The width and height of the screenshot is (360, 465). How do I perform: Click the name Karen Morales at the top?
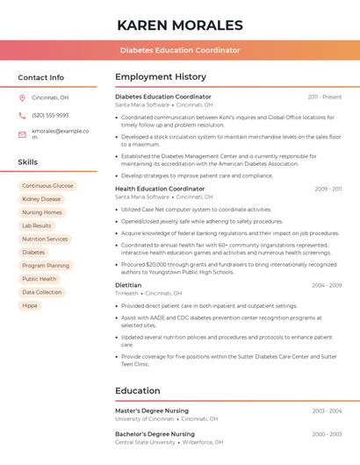pyautogui.click(x=180, y=25)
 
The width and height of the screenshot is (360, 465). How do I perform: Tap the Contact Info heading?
pyautogui.click(x=41, y=77)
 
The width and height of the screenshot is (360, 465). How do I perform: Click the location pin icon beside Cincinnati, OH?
pyautogui.click(x=22, y=97)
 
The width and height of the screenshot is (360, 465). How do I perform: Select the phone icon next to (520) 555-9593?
pyautogui.click(x=22, y=115)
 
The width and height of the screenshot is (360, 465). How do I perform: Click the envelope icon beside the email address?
pyautogui.click(x=22, y=133)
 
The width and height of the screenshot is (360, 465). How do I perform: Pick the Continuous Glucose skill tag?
pyautogui.click(x=47, y=186)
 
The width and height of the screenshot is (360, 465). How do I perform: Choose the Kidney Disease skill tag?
pyautogui.click(x=41, y=199)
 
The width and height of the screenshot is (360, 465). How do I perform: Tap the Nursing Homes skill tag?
pyautogui.click(x=42, y=212)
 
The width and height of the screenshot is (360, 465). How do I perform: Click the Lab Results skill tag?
pyautogui.click(x=37, y=225)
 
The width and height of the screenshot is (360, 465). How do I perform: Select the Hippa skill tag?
pyautogui.click(x=30, y=305)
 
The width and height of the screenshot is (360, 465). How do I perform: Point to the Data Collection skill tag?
pyautogui.click(x=42, y=292)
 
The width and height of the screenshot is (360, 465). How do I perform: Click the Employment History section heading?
pyautogui.click(x=161, y=77)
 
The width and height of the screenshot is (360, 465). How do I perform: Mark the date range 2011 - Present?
pyautogui.click(x=325, y=97)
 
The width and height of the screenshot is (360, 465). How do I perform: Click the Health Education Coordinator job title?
pyautogui.click(x=160, y=189)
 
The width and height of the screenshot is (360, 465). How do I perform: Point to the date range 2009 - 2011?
pyautogui.click(x=328, y=189)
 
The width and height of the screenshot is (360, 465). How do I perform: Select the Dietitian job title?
pyautogui.click(x=128, y=285)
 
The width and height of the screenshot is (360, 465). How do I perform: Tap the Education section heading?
pyautogui.click(x=138, y=390)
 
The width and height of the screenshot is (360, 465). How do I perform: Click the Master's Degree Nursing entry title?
pyautogui.click(x=152, y=411)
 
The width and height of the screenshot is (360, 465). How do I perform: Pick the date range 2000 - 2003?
pyautogui.click(x=327, y=434)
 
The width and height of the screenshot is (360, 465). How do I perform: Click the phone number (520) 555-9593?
pyautogui.click(x=50, y=115)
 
